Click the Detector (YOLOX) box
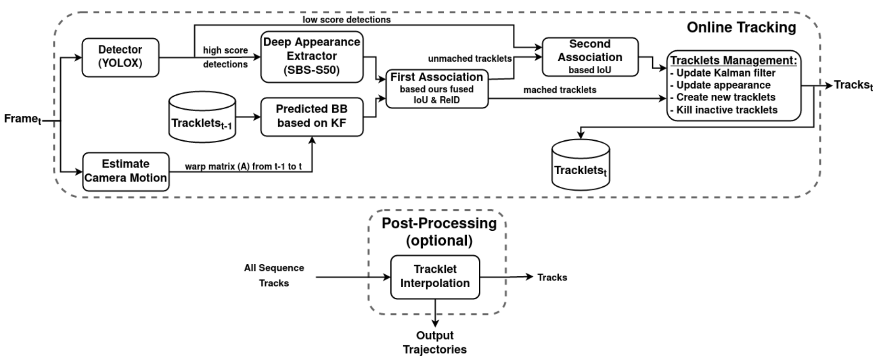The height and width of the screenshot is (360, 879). pos(120,57)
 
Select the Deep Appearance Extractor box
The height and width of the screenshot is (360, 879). pos(312,57)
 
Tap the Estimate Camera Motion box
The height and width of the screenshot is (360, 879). pos(126,172)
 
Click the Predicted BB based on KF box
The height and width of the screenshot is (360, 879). pos(312,117)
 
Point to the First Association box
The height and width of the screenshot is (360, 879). pos(437,89)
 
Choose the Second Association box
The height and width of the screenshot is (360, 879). pos(590,57)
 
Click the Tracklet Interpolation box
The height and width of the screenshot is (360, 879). pos(435,277)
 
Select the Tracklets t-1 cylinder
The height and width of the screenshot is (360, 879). pos(203,117)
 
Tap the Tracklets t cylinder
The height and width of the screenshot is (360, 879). pos(581,165)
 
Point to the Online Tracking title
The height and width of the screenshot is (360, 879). pos(742,27)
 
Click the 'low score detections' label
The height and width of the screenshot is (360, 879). pos(347,20)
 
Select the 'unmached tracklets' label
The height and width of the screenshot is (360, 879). pos(470,58)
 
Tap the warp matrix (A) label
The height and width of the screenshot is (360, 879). pos(243,167)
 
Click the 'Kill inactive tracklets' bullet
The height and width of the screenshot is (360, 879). pos(724,110)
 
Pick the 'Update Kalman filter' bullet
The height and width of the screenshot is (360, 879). pos(723,73)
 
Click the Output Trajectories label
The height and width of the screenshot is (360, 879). pos(435,342)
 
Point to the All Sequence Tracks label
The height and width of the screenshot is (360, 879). pos(274,275)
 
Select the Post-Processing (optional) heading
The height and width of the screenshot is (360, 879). pos(439,232)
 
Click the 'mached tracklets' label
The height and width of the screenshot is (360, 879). pos(560,90)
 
